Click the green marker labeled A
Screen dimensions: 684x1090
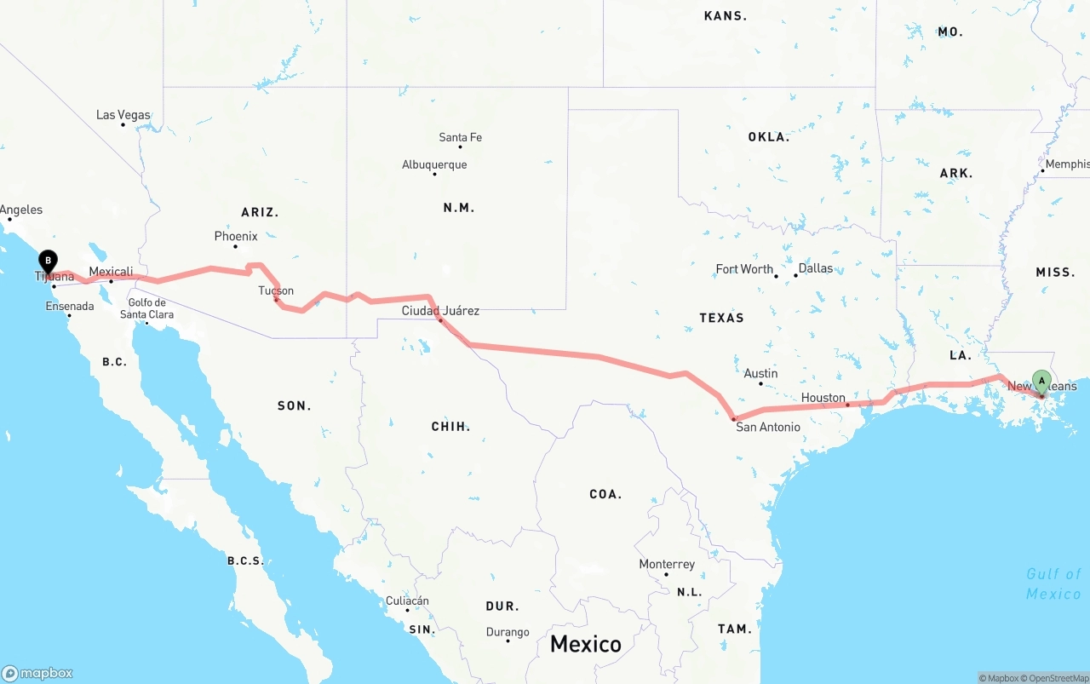1041,381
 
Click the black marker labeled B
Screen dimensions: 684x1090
49,260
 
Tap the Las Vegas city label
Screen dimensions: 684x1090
123,115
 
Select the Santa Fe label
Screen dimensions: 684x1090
460,137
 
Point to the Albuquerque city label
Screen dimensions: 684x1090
434,164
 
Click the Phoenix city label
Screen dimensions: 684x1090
236,236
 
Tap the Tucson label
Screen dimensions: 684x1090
276,290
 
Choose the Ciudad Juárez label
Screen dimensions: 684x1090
440,311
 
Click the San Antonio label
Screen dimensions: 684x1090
768,427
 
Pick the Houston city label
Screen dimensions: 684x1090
823,398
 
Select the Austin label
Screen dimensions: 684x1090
760,373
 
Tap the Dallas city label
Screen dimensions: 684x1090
816,268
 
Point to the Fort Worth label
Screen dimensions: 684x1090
744,269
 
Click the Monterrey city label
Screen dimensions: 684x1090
667,564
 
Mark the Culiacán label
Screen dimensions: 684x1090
407,601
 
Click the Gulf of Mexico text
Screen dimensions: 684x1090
1053,583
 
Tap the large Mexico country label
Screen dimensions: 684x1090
585,643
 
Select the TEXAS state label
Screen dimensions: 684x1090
721,318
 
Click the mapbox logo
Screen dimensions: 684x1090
37,673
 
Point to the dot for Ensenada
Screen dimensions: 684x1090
69,315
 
